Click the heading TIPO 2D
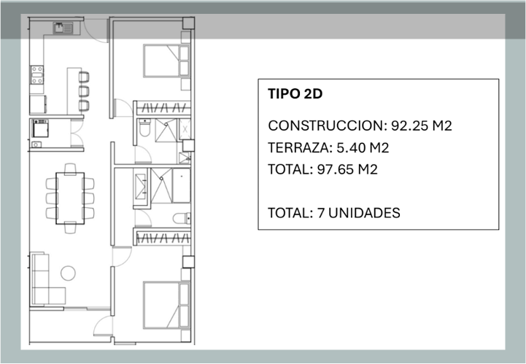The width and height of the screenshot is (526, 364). click(295, 94)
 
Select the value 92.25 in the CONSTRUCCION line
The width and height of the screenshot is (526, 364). click(409, 125)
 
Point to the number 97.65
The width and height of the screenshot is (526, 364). click(335, 169)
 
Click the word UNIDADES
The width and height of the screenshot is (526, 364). click(364, 213)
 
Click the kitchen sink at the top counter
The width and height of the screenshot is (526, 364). click(63, 28)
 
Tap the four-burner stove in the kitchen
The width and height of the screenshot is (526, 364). click(37, 75)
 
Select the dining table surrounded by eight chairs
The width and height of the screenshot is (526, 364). click(70, 198)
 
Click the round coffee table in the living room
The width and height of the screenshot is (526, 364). click(68, 274)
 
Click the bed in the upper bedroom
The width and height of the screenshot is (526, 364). click(167, 61)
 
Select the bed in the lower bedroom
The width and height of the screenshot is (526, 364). click(167, 306)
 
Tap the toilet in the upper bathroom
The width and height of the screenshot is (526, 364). click(144, 128)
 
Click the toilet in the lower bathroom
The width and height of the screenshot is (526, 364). click(182, 218)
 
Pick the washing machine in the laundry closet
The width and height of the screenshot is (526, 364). click(40, 128)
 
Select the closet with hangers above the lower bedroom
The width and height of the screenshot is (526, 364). click(163, 238)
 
